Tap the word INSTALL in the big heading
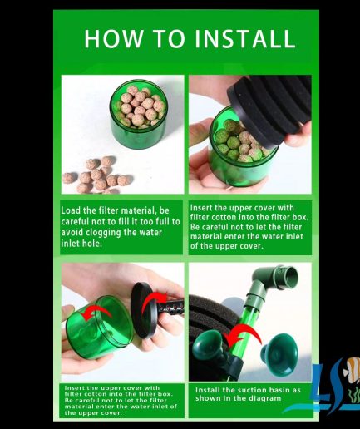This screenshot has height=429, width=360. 244,38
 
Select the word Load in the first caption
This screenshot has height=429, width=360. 71,210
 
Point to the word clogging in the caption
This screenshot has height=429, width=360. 103,233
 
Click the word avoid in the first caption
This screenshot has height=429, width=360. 72,232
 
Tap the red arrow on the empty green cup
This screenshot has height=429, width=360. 97,313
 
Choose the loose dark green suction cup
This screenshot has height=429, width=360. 279,355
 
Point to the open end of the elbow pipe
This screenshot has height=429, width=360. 290,276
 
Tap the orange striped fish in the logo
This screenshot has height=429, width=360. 352,369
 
